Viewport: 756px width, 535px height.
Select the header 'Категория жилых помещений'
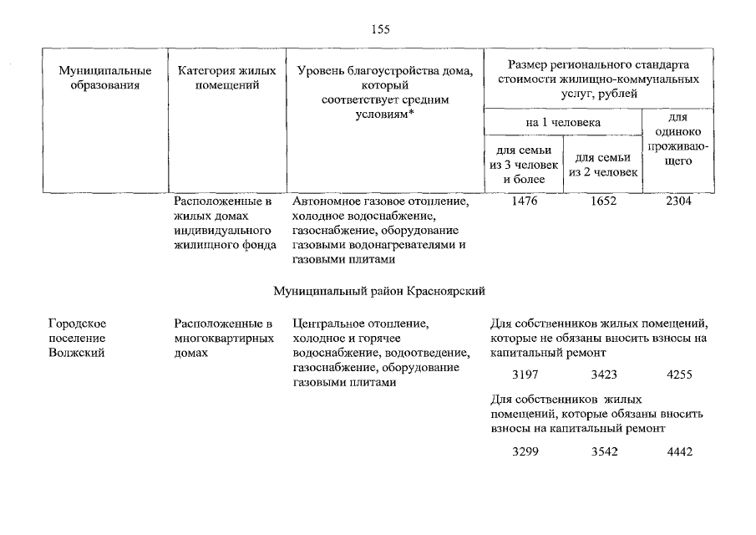[x=226, y=78]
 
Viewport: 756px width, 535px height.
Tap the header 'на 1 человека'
[x=562, y=122]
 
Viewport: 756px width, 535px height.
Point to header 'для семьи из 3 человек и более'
[x=523, y=164]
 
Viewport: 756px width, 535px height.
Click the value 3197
[x=525, y=375]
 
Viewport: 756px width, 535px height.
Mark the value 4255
[x=679, y=375]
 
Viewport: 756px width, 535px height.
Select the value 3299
[x=525, y=451]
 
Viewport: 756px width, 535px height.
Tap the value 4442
[x=679, y=451]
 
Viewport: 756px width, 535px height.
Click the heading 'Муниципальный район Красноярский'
[x=379, y=291]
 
